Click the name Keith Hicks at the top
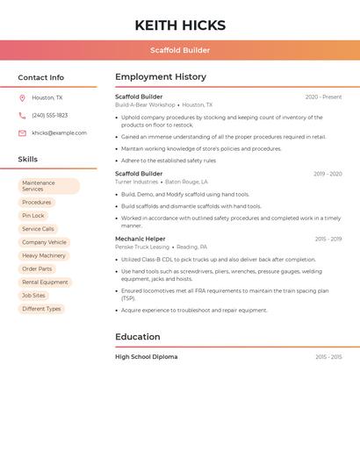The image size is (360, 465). pyautogui.click(x=180, y=25)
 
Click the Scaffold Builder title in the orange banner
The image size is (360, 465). pyautogui.click(x=180, y=50)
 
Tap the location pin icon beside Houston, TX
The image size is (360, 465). pyautogui.click(x=22, y=98)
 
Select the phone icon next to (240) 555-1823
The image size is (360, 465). pyautogui.click(x=22, y=115)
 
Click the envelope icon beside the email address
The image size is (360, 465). pyautogui.click(x=22, y=133)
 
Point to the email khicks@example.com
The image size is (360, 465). pyautogui.click(x=59, y=133)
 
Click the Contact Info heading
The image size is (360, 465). pyautogui.click(x=41, y=77)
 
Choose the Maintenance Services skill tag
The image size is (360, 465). pyautogui.click(x=48, y=186)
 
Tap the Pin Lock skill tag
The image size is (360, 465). pyautogui.click(x=33, y=215)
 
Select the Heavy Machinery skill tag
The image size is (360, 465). pyautogui.click(x=44, y=255)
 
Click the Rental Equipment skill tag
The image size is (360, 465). pyautogui.click(x=45, y=283)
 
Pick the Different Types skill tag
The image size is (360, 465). pyautogui.click(x=41, y=309)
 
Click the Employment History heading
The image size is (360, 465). pyautogui.click(x=161, y=77)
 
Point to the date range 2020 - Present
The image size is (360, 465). pyautogui.click(x=323, y=97)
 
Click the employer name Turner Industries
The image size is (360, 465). pyautogui.click(x=136, y=182)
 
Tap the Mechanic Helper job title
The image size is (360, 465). pyautogui.click(x=140, y=239)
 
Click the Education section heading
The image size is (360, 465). pyautogui.click(x=138, y=337)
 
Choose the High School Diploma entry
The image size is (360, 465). pyautogui.click(x=146, y=357)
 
